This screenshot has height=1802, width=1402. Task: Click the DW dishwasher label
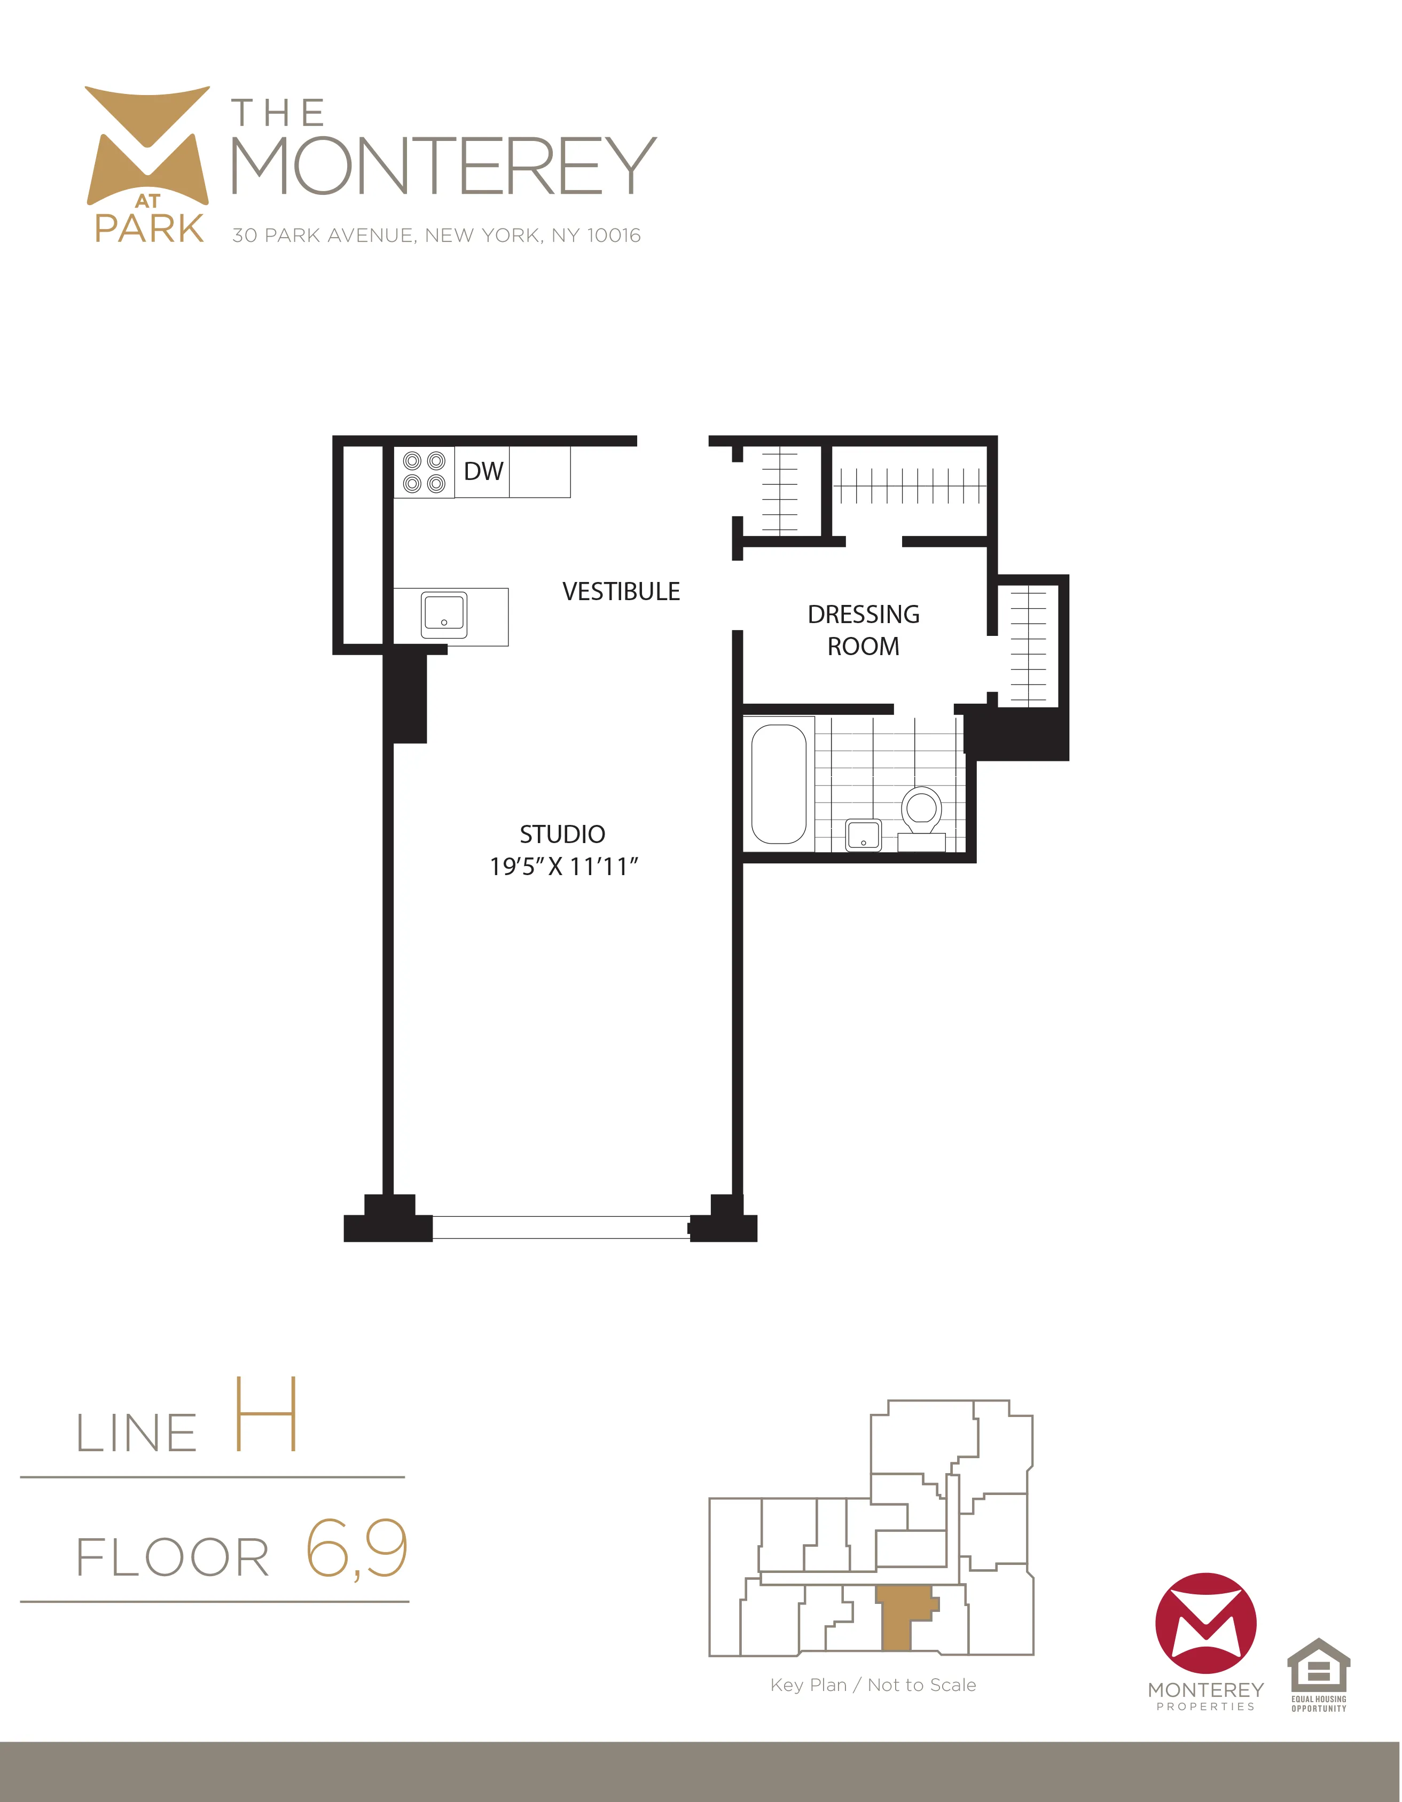tap(483, 471)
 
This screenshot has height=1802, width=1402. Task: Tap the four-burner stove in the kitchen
tap(424, 473)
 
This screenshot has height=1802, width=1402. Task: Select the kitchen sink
tap(444, 615)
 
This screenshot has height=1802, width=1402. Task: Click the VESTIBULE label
tap(621, 592)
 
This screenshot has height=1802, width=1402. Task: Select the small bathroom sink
tap(863, 835)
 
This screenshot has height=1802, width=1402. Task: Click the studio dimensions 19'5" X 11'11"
tap(563, 867)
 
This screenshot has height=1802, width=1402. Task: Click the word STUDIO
tap(562, 834)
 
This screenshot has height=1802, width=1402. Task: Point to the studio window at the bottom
tap(561, 1227)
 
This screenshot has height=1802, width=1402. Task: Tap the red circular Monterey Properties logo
tap(1205, 1623)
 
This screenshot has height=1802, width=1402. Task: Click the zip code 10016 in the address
tap(613, 236)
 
